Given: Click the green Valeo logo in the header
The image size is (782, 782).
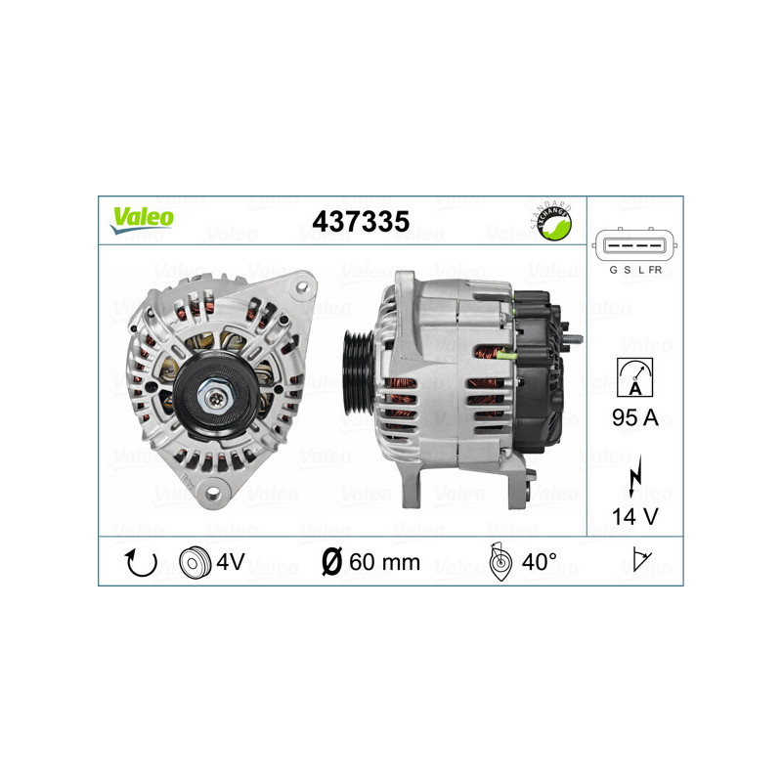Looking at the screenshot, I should (x=142, y=218).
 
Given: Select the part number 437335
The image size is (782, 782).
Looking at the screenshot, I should (x=360, y=221).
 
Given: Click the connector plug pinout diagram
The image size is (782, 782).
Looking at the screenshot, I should (x=634, y=244).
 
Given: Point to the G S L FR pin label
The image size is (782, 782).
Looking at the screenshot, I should (x=635, y=270).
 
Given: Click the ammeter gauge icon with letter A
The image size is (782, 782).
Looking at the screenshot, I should (x=635, y=375).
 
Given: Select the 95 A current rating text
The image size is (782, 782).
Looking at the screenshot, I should (x=635, y=418).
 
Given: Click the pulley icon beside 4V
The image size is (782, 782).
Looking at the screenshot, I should (x=195, y=562).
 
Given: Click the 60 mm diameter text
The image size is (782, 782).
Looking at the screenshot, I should (x=384, y=562).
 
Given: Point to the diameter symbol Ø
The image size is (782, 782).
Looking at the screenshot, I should (x=331, y=562).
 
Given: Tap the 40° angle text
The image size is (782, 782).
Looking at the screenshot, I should (x=539, y=562).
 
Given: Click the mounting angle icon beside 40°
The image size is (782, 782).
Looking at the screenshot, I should (x=500, y=562).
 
